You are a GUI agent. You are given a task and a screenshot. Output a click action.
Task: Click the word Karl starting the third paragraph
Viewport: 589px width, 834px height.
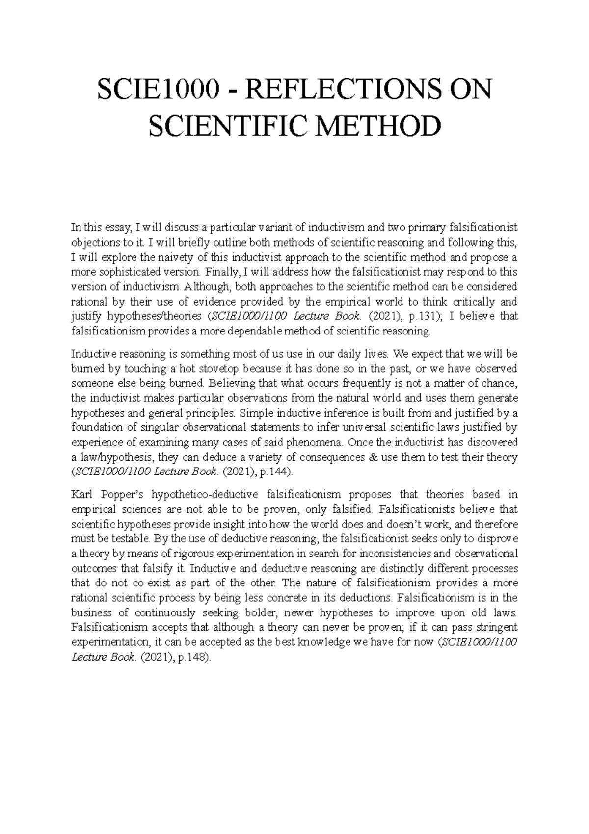pos(81,494)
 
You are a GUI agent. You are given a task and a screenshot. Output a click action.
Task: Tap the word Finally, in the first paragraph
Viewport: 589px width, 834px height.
pos(221,272)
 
